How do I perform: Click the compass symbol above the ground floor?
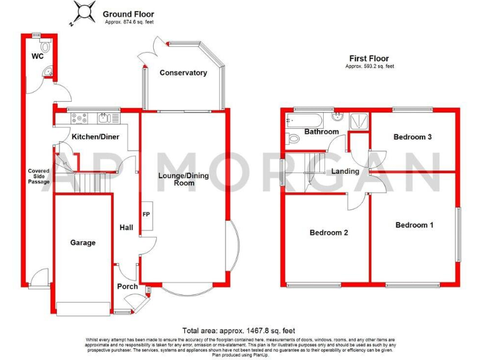(x=82, y=12)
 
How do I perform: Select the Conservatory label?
(x=183, y=73)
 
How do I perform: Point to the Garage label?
(x=82, y=242)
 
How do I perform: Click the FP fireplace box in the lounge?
(x=146, y=215)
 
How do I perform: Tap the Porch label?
(x=127, y=287)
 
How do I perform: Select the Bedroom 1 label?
(x=414, y=225)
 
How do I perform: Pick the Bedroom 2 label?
(x=329, y=232)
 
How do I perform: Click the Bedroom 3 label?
(x=413, y=137)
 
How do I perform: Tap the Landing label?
(x=345, y=171)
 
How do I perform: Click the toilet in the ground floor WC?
(x=44, y=47)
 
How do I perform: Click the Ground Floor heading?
(x=128, y=14)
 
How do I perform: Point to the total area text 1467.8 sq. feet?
(x=238, y=331)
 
